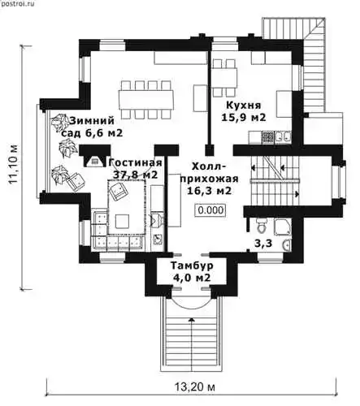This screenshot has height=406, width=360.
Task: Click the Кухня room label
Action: click(x=244, y=105)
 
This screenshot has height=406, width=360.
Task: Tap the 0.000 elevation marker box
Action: click(x=211, y=210)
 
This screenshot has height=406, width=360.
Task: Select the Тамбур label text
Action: click(x=192, y=266)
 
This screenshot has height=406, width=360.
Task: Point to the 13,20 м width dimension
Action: click(x=194, y=387)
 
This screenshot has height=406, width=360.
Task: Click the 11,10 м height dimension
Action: click(x=13, y=165)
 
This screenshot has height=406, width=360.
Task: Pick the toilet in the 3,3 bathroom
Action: click(x=262, y=226)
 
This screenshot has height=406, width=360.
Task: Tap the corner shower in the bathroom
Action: click(x=283, y=227)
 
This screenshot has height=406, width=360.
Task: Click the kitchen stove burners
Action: click(x=267, y=137)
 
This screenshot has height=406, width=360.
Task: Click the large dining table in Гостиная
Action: click(x=146, y=99)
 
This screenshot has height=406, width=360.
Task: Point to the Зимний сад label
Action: click(x=91, y=127)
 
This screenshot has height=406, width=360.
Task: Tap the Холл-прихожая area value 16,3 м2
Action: click(x=210, y=191)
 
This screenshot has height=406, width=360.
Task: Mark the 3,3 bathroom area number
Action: click(x=263, y=244)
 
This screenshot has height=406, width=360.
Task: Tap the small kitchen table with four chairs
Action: click(x=223, y=79)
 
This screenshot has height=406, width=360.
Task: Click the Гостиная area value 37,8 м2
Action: click(x=135, y=175)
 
